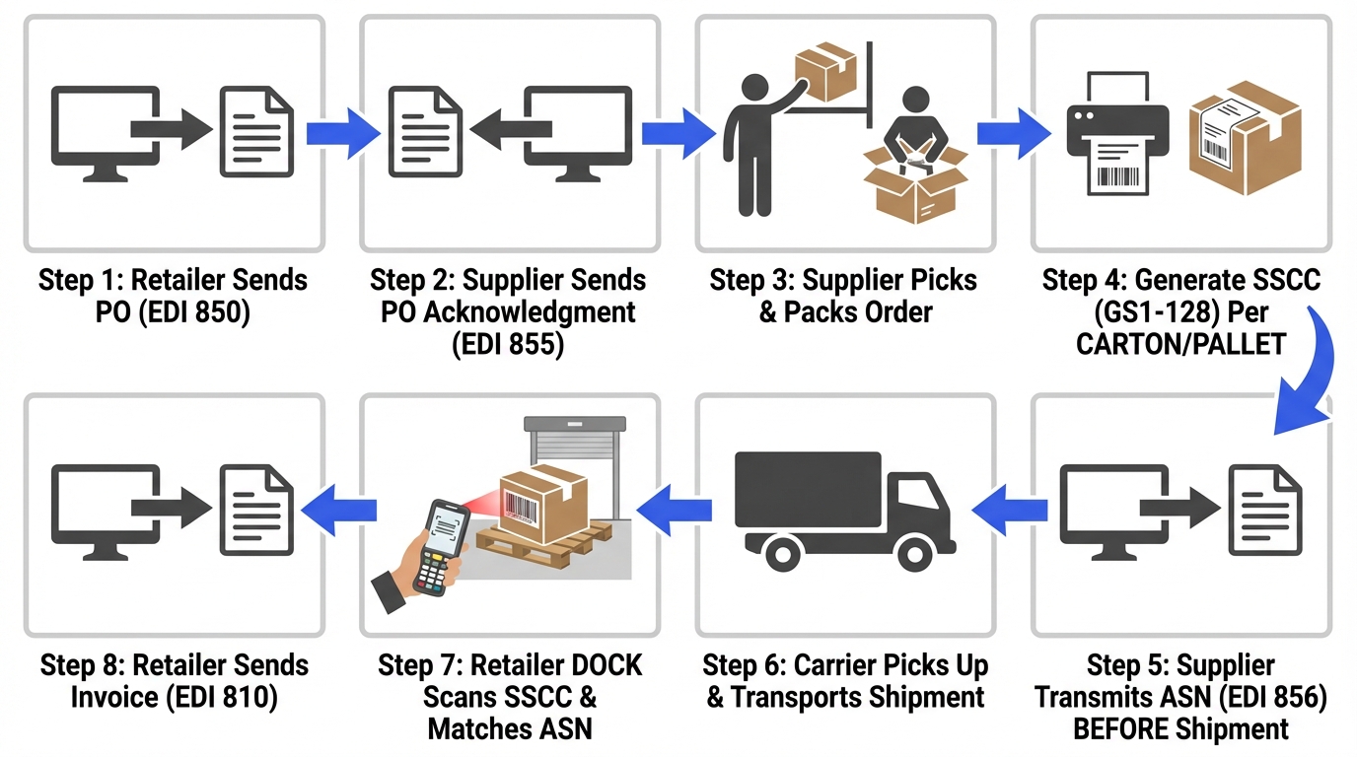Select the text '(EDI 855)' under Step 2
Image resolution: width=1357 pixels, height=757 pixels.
coord(507,345)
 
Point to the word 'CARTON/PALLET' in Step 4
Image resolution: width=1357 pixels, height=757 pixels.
coord(1180,345)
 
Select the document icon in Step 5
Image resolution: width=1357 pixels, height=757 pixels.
coord(1264,510)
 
